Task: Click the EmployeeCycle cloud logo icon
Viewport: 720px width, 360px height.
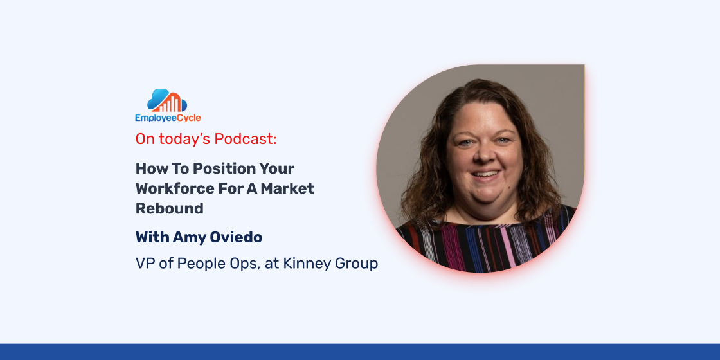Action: coord(167,100)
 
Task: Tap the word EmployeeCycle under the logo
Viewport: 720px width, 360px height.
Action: coord(168,118)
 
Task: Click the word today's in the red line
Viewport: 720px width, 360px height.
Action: coord(186,139)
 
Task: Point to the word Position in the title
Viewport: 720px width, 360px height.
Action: coord(219,168)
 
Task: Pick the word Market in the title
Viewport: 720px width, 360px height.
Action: coord(291,188)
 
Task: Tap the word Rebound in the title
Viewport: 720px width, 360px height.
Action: coord(170,208)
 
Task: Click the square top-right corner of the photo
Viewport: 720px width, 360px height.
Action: coord(584,65)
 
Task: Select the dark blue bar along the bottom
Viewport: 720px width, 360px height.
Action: coord(360,352)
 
